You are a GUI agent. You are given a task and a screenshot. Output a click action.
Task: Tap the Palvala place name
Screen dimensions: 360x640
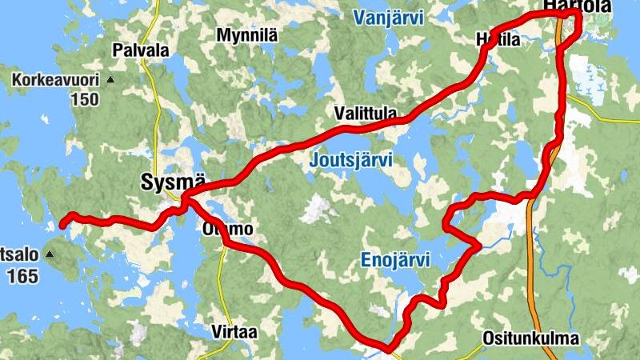pyautogui.click(x=141, y=50)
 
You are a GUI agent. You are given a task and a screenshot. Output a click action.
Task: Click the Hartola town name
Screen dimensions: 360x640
pyautogui.click(x=577, y=6)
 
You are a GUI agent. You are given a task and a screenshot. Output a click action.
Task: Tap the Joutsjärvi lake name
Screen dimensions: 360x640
pyautogui.click(x=351, y=161)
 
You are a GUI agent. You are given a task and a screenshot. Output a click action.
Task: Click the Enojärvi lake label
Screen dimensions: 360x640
pyautogui.click(x=395, y=260)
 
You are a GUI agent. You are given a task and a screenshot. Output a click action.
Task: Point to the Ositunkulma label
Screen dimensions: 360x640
pyautogui.click(x=530, y=338)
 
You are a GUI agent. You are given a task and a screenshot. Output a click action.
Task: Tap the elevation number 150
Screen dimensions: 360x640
pyautogui.click(x=84, y=100)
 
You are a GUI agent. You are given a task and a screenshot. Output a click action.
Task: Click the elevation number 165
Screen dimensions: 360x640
pyautogui.click(x=22, y=277)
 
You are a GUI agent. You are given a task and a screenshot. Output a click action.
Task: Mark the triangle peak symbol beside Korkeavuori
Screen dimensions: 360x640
pyautogui.click(x=111, y=81)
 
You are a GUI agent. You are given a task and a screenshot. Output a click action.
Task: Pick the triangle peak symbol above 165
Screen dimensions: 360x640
pyautogui.click(x=50, y=255)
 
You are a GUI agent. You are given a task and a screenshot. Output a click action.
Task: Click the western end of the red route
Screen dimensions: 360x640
pyautogui.click(x=63, y=226)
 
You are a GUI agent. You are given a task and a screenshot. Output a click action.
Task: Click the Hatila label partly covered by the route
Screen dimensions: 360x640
pyautogui.click(x=498, y=39)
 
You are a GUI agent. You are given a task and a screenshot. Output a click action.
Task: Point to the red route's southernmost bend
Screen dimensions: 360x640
pyautogui.click(x=387, y=348)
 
